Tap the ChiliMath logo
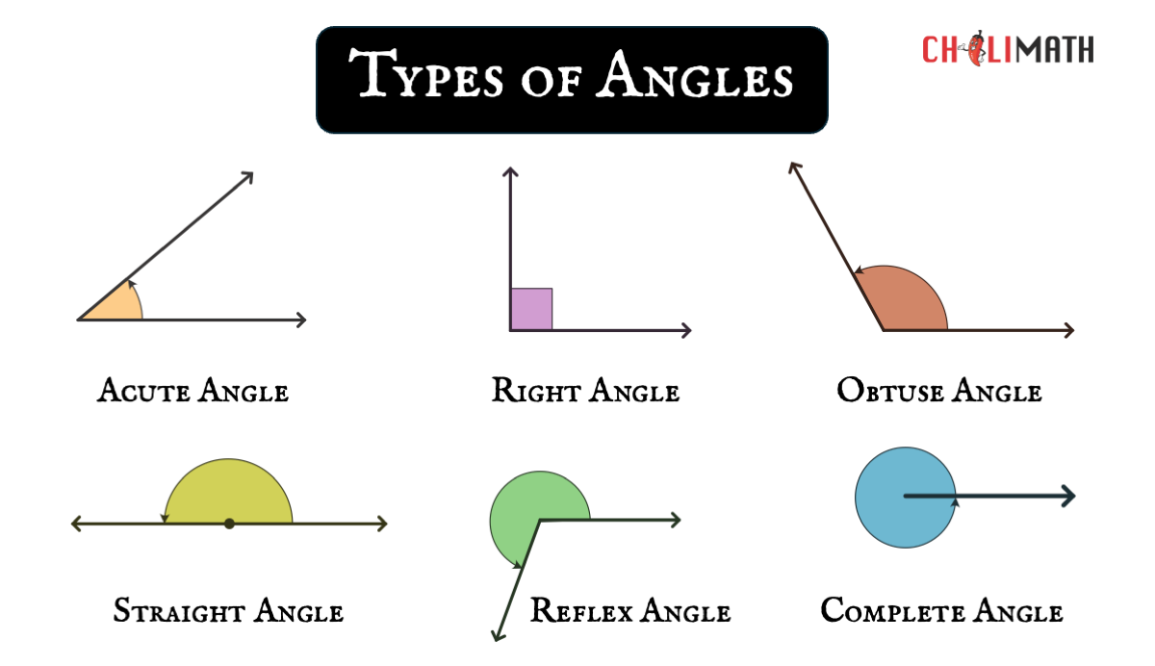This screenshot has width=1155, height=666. [x=1008, y=49]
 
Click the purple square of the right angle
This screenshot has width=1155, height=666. [x=531, y=309]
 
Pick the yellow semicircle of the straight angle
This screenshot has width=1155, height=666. [x=229, y=491]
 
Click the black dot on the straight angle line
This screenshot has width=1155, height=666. [x=229, y=524]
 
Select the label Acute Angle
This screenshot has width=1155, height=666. [x=192, y=392]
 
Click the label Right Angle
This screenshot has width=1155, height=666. [x=585, y=391]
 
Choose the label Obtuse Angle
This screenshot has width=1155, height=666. [x=938, y=391]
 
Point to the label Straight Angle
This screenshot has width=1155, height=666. [x=228, y=610]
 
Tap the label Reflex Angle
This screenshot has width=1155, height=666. [x=630, y=610]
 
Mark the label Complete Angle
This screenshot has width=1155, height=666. [x=941, y=610]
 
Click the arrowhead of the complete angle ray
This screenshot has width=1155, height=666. [x=1068, y=497]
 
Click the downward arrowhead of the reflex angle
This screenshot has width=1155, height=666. [x=497, y=635]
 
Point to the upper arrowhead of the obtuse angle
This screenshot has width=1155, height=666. [x=793, y=167]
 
